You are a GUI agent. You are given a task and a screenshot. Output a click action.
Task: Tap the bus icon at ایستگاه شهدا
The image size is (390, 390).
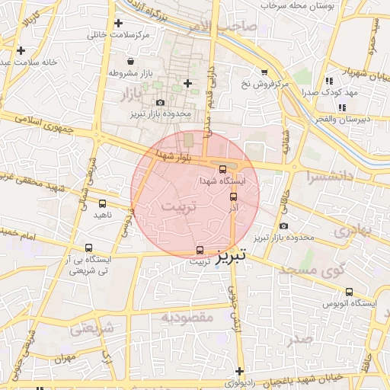click(222, 169)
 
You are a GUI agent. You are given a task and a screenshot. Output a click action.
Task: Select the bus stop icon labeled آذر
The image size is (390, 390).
click(233, 197)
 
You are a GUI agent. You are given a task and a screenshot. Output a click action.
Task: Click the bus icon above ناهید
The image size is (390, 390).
click(102, 203)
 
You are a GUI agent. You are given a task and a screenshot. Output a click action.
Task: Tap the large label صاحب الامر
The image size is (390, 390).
click(229, 27)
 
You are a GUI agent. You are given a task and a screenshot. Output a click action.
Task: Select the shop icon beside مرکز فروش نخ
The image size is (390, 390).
click(264, 72)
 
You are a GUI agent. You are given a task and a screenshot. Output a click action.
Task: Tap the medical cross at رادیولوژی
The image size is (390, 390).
click(238, 371)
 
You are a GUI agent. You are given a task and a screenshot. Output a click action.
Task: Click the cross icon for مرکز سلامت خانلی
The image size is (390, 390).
click(118, 24)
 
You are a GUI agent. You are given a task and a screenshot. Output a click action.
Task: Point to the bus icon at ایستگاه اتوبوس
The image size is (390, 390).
click(349, 292)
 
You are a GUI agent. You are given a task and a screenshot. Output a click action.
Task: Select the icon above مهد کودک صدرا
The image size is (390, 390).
click(329, 80)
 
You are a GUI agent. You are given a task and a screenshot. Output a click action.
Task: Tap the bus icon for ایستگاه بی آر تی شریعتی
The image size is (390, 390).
click(89, 248)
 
